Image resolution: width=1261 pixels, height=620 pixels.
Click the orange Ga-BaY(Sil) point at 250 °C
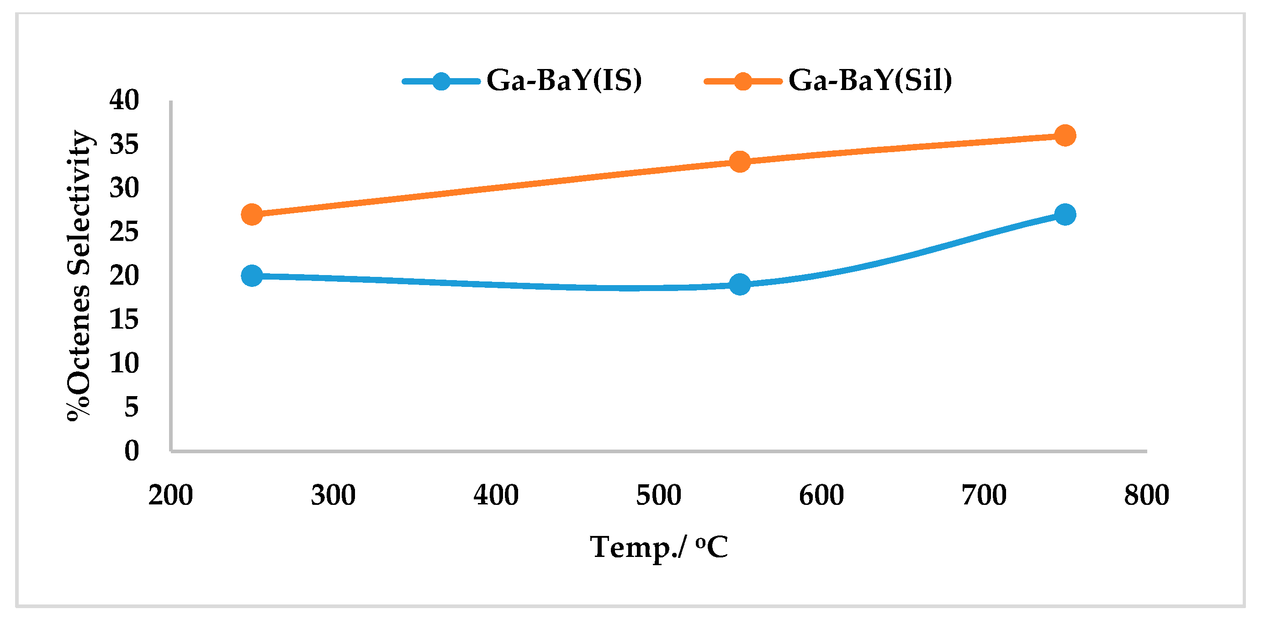pos(252,214)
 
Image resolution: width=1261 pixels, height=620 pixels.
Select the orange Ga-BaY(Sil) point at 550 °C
pos(740,161)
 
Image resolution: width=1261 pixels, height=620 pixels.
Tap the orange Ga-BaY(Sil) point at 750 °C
pos(1065,135)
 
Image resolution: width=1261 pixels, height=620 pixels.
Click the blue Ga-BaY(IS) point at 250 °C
pos(252,276)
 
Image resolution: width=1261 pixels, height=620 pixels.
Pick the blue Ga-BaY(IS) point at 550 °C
pos(740,284)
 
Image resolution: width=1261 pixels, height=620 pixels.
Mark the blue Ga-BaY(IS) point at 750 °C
pos(1065,214)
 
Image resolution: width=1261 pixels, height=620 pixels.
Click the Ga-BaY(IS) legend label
pos(564,80)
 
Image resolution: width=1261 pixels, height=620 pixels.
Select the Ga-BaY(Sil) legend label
pos(870,80)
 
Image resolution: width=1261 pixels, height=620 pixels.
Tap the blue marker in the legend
pos(441,81)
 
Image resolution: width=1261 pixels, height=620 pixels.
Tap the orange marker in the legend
pos(742,81)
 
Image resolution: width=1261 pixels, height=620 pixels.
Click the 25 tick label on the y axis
pos(124,232)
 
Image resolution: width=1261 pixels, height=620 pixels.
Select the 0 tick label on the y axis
pos(131,450)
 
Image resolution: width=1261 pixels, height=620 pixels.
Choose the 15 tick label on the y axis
pos(124,319)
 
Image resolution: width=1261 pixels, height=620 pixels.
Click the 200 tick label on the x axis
pos(170,495)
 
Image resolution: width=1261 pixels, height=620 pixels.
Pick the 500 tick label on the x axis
pos(658,495)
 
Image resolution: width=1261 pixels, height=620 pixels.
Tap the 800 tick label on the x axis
pos(1146,495)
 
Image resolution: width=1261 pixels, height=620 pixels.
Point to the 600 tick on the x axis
pos(821,495)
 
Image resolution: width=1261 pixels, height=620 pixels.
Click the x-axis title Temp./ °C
pos(658,547)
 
